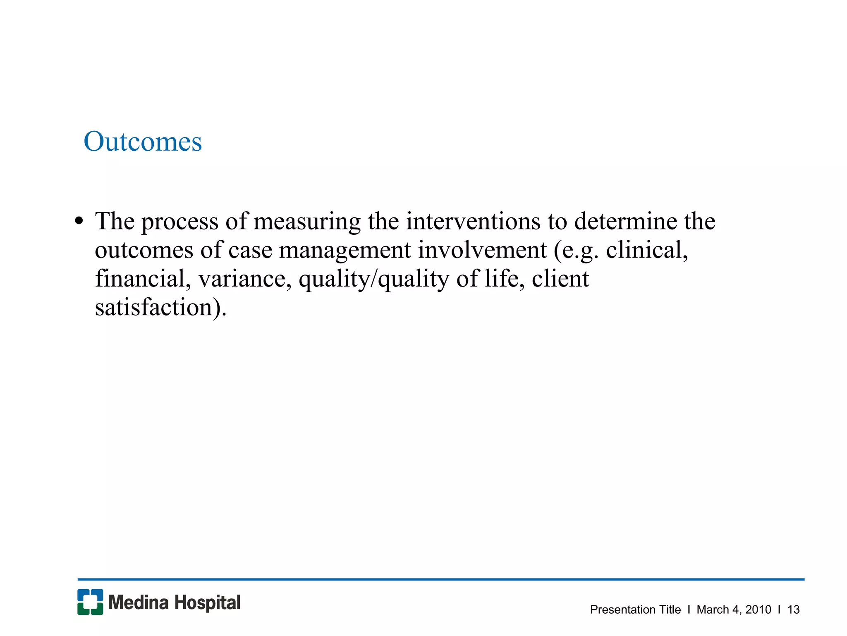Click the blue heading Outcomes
[143, 142]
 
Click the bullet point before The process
[79, 221]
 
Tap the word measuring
[307, 222]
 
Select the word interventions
[473, 221]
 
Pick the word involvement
[482, 250]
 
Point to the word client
[560, 279]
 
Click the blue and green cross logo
[90, 602]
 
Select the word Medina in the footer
[139, 603]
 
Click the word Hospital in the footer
[207, 603]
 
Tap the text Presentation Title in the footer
[635, 609]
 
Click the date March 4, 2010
[734, 609]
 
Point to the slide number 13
[793, 609]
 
